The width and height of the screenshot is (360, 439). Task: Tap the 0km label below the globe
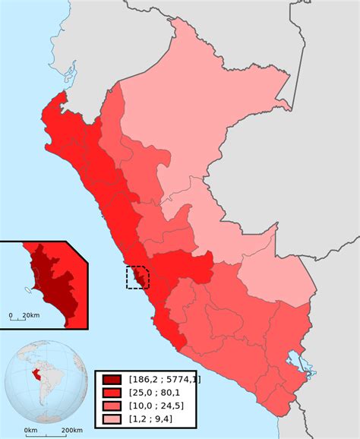pos(30,431)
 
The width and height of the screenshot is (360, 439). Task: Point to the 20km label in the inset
pos(31,314)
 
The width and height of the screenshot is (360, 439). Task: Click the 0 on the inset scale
pos(11,314)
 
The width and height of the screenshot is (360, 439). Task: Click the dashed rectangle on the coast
pos(137,277)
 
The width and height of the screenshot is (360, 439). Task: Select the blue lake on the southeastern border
pos(298,364)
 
